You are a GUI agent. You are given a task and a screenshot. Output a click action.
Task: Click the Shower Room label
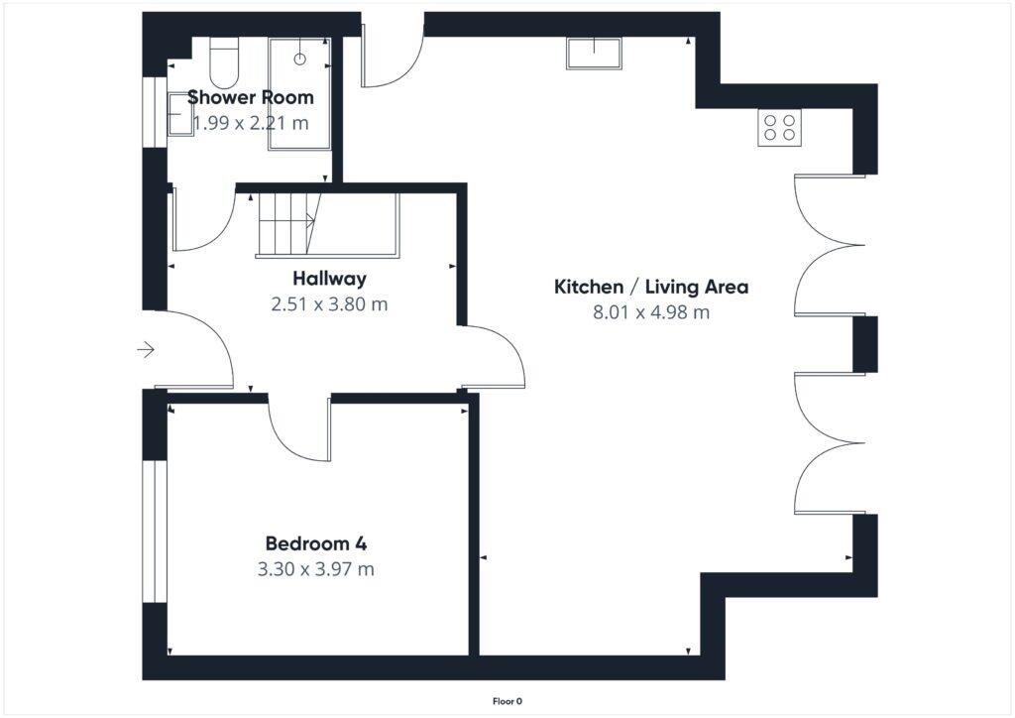tap(250, 97)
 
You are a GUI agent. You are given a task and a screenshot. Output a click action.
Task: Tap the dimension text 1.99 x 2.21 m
tap(250, 123)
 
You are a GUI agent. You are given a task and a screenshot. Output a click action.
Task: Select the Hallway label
tap(329, 279)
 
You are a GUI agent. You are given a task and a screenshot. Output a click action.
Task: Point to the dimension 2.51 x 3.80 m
tap(329, 304)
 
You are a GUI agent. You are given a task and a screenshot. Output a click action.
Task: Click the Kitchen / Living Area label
tap(650, 288)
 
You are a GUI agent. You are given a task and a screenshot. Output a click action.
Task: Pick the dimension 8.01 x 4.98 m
tap(650, 312)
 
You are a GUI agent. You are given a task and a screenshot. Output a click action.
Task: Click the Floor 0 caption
tap(507, 701)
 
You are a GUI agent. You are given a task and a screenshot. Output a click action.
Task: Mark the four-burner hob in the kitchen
tap(779, 127)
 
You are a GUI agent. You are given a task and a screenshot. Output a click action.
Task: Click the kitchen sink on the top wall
tap(594, 53)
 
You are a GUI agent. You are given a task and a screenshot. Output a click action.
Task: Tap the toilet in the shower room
tap(224, 62)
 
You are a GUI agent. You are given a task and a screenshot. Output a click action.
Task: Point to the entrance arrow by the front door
tap(146, 349)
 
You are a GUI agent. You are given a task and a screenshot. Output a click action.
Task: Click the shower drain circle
tap(298, 59)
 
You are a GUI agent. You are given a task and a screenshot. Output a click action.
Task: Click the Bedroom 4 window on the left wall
tap(154, 531)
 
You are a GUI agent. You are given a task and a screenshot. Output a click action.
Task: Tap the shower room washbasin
tap(178, 121)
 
